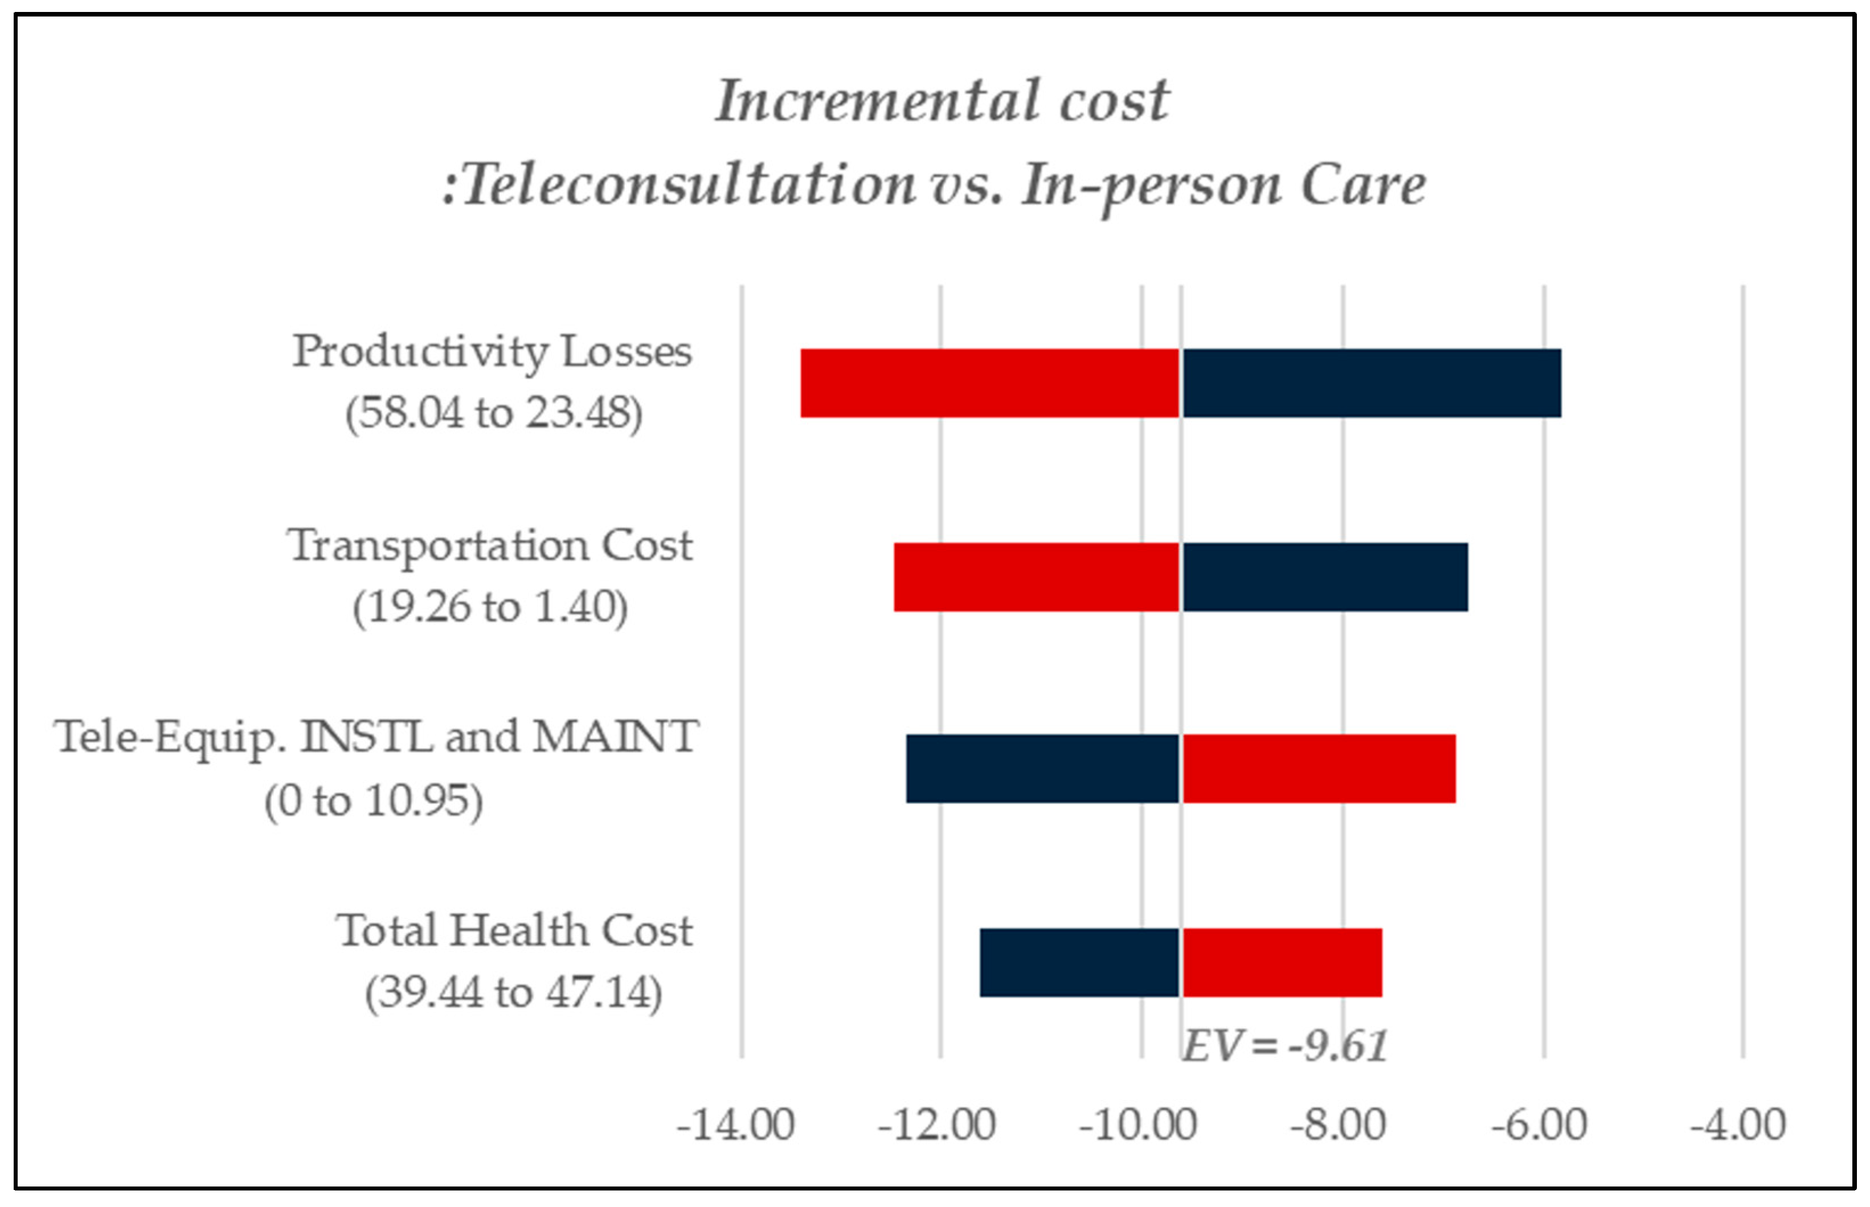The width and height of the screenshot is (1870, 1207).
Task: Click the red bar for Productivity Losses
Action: click(989, 383)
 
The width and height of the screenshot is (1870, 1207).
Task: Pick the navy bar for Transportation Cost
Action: click(1324, 577)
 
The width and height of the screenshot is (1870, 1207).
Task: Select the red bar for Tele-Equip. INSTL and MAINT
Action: click(1318, 769)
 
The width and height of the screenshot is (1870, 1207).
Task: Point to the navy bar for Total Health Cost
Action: click(1079, 962)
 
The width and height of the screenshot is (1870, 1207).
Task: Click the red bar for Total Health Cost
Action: click(1281, 962)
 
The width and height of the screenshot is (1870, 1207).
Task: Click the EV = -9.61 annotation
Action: click(1284, 1045)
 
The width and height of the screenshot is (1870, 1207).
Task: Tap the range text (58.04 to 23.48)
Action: click(494, 413)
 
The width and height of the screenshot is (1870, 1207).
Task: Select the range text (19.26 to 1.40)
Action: click(490, 607)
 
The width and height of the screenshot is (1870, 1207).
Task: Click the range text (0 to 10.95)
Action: click(373, 801)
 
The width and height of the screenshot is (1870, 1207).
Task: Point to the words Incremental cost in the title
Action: click(942, 102)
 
